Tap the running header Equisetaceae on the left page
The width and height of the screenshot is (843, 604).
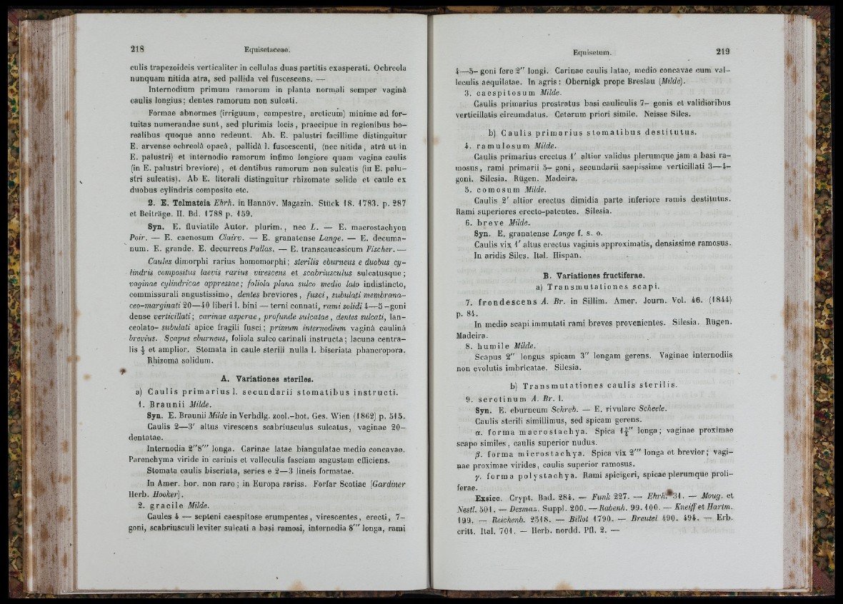(x=266, y=50)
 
